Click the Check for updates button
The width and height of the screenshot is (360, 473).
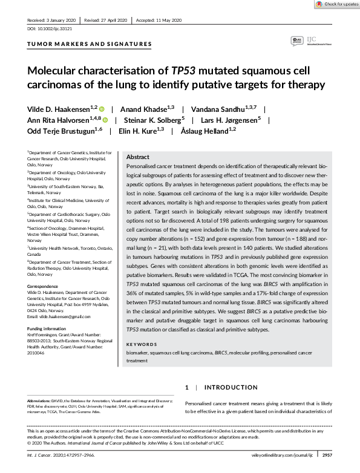point(336,4)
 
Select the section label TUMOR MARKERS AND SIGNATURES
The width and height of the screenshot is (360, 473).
point(89,44)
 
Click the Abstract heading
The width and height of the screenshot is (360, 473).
point(137,157)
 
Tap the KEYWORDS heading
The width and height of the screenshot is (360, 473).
point(141,345)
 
